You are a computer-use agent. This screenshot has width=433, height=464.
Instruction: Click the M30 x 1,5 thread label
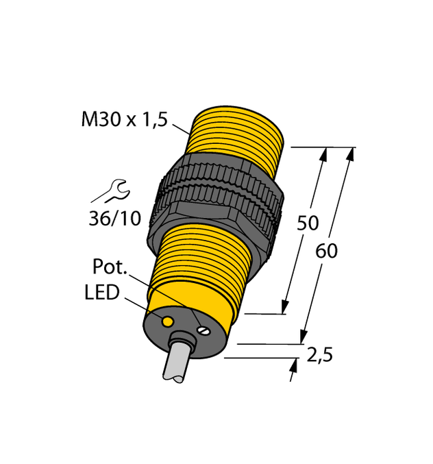pos(124,120)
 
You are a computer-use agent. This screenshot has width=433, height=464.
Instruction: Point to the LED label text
pos(102,293)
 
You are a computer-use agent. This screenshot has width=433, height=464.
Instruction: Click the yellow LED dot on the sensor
pos(166,321)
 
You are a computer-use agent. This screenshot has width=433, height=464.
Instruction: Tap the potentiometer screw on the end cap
pos(202,330)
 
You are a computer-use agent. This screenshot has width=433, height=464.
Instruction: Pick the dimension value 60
pos(327,252)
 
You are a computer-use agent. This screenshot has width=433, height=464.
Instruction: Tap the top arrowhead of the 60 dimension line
pos(350,154)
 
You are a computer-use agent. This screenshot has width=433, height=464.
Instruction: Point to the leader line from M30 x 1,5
pos(180,128)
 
